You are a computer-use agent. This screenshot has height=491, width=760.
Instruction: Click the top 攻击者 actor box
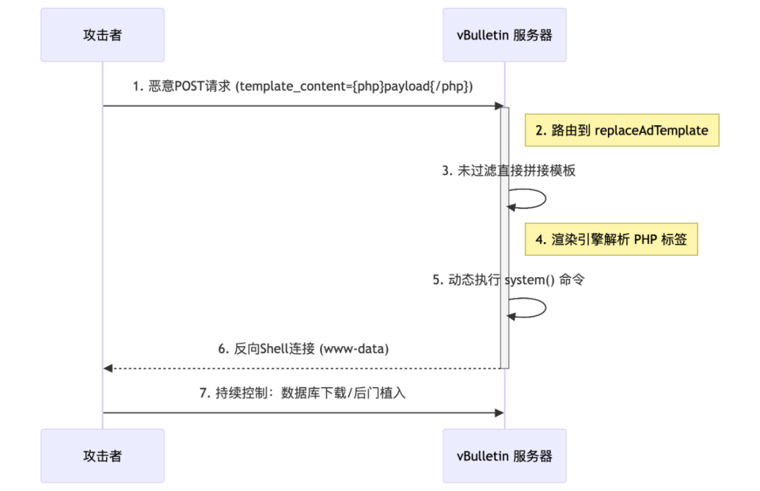click(102, 35)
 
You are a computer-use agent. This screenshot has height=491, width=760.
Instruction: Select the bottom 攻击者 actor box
click(102, 456)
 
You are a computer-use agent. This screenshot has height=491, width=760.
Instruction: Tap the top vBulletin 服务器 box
click(504, 35)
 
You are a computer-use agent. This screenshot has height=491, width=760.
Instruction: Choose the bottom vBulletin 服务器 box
click(504, 456)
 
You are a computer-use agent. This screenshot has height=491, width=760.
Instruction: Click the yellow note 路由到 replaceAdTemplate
click(621, 130)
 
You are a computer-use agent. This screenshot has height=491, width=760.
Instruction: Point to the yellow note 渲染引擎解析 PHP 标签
click(611, 239)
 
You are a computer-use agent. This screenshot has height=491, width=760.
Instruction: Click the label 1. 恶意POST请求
click(303, 87)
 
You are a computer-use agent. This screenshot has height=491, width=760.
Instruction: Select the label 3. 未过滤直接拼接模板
click(509, 170)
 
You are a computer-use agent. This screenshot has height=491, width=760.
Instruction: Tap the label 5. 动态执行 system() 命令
click(508, 280)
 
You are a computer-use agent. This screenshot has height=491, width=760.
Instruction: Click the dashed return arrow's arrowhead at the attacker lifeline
click(108, 368)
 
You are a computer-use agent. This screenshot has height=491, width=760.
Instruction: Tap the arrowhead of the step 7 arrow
click(500, 412)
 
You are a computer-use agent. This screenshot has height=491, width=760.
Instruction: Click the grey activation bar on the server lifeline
click(505, 239)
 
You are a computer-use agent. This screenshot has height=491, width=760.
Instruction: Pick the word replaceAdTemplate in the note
click(652, 130)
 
